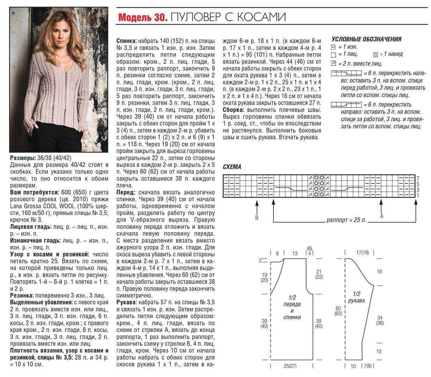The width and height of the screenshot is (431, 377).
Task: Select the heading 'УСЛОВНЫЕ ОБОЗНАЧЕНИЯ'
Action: coord(366,39)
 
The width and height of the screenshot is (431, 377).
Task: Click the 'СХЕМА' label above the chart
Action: coord(232,167)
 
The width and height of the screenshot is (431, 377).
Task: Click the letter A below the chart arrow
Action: coord(381,216)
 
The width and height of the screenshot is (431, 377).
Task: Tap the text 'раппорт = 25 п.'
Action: coord(346,221)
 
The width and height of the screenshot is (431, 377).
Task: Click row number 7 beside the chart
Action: coord(418,178)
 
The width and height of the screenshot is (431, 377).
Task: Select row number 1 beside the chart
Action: coord(418,195)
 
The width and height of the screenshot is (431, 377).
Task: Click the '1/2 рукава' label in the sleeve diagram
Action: coord(356,297)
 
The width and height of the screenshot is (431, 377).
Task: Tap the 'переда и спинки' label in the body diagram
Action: coord(292,308)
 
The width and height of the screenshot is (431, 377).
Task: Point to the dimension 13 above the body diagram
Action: coord(295,253)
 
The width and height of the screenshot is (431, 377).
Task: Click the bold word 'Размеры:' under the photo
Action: coord(22,158)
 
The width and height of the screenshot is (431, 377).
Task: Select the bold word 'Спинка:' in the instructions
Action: coord(126,41)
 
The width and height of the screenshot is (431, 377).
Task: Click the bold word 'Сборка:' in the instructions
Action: coord(233,110)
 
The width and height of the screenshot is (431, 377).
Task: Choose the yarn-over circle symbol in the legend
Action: coord(375,54)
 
